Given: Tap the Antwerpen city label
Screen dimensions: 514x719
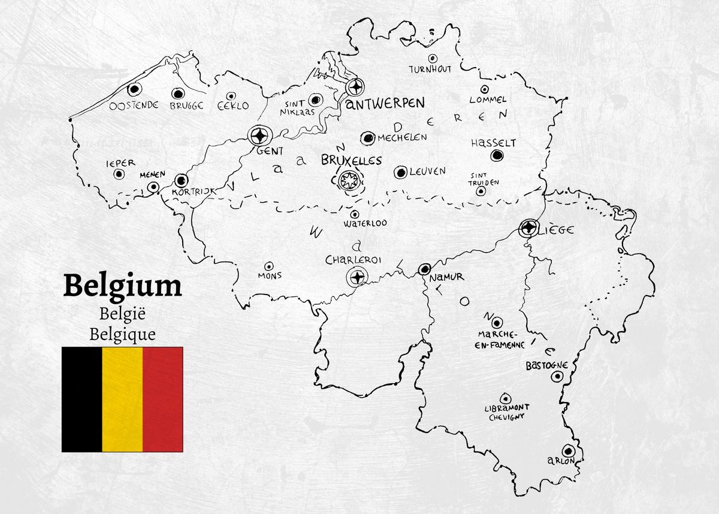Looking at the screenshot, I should coord(386,104).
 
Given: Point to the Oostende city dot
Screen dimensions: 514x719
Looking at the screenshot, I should coord(134,89).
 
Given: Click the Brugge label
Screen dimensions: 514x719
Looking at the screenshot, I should coord(186,106).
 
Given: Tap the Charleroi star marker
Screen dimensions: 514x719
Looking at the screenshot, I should coord(357,276).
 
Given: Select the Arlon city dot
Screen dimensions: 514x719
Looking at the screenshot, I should coord(567,450).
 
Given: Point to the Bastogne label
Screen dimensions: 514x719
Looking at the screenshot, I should coord(546,365).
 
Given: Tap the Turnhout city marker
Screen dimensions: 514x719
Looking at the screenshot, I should coord(433,58).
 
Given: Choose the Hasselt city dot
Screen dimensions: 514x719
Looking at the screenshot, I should coord(496,155).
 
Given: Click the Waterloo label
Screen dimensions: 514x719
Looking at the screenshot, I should coord(365,223).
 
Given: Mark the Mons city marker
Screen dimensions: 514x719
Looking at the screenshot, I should coord(268,266).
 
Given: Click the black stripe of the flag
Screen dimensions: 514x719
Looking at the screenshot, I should coord(81,399).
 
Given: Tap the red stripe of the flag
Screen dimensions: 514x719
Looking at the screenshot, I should coord(163,399).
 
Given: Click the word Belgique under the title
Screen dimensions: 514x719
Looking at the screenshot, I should coord(122,334).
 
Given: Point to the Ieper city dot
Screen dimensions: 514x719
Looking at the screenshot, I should coord(119,174).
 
